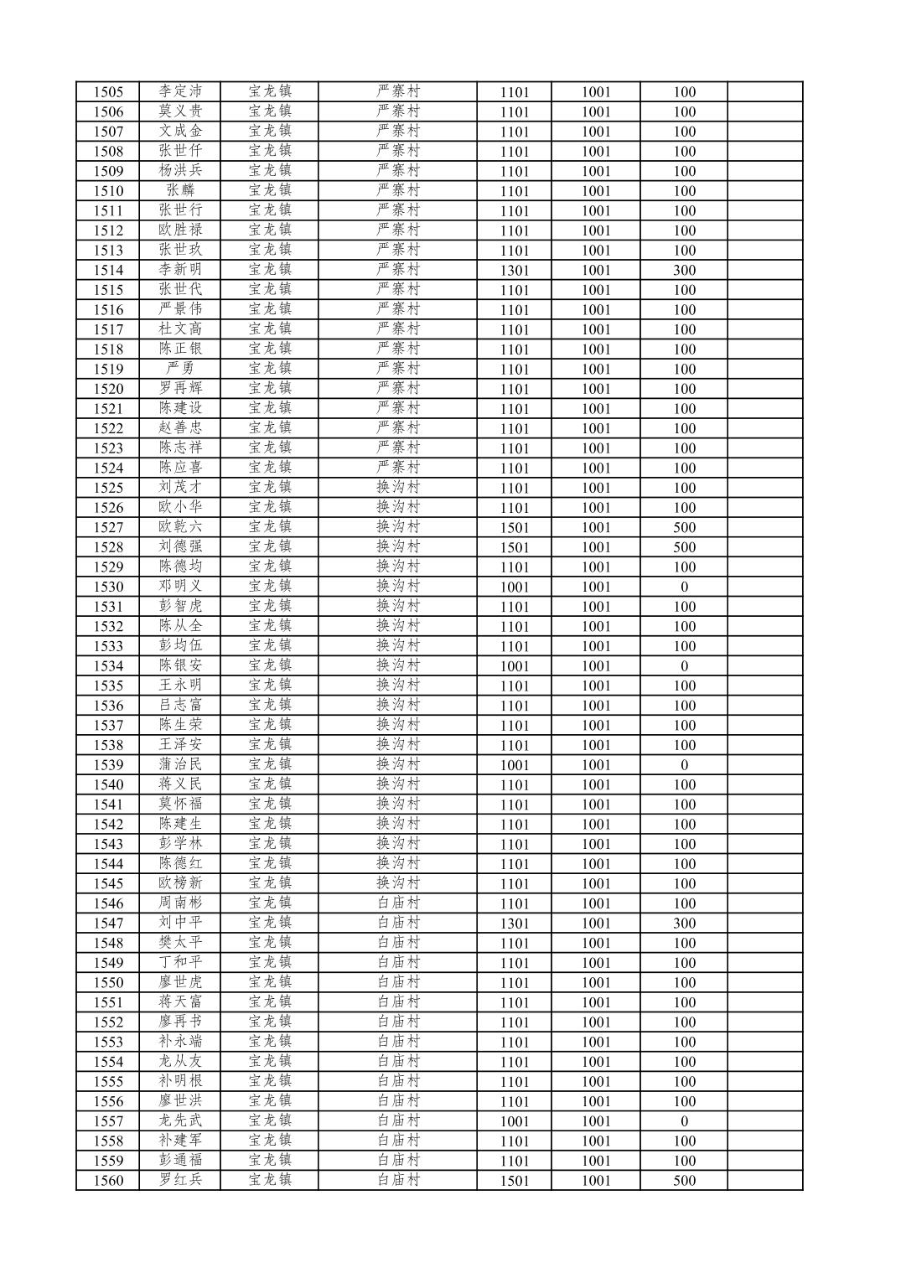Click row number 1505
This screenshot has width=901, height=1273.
pos(108,92)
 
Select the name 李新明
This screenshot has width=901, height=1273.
pos(180,270)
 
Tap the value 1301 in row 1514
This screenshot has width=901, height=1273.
pos(515,271)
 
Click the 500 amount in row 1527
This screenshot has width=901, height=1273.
pos(684,528)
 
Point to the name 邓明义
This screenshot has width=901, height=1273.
pos(180,587)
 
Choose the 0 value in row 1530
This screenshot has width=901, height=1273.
pos(684,587)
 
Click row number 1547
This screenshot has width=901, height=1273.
pos(108,924)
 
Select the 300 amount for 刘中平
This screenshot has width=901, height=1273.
pos(684,924)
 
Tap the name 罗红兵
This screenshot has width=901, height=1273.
pos(180,1180)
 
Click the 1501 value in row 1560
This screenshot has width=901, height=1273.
pos(515,1181)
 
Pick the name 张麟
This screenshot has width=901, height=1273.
pos(180,190)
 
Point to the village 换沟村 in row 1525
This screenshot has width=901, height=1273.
pos(398,487)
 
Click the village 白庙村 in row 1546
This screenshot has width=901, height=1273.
pos(398,903)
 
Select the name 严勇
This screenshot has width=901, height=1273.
pos(180,369)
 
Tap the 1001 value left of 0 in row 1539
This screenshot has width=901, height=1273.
pos(596,765)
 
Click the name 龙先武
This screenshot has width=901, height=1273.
pos(180,1120)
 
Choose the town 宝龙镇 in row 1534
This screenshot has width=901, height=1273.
pos(270,665)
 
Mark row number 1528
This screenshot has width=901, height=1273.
pos(108,547)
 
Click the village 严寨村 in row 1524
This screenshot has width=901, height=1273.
pos(398,468)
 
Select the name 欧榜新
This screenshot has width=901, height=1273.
pos(180,883)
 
